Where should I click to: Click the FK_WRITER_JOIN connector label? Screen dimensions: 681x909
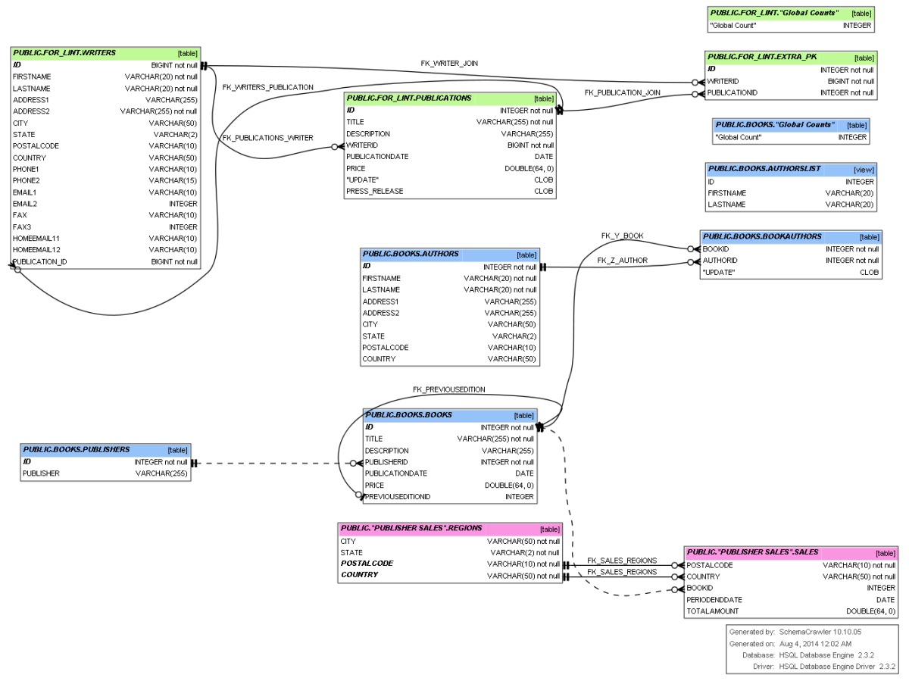(x=449, y=63)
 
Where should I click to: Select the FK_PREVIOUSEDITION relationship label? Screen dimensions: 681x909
(x=448, y=389)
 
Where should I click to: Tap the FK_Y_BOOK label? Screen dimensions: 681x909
(x=622, y=236)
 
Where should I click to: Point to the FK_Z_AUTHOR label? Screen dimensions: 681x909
(x=622, y=261)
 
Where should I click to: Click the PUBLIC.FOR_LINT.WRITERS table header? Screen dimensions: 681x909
(x=64, y=53)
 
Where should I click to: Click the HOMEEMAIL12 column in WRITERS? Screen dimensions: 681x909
(x=36, y=250)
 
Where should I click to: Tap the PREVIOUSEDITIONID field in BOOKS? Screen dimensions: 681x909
(x=398, y=497)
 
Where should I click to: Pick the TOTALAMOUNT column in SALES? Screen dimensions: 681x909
(x=712, y=611)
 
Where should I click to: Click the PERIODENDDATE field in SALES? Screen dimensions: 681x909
(x=714, y=600)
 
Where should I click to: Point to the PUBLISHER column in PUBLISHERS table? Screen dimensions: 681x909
(x=41, y=473)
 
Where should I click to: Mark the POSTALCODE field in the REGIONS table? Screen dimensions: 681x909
(x=367, y=564)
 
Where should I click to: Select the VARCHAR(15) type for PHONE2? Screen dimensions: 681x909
(x=173, y=180)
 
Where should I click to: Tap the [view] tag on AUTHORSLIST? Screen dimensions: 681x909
(x=863, y=170)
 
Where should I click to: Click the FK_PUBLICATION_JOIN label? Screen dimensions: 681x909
(x=622, y=92)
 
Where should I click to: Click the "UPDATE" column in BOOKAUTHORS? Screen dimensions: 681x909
(x=718, y=272)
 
